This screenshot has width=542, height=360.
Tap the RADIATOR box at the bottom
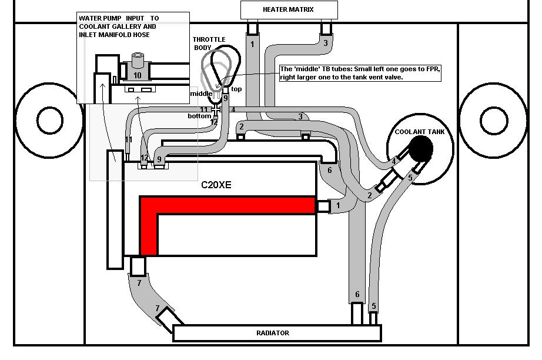click(273, 333)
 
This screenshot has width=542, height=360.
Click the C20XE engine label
click(216, 185)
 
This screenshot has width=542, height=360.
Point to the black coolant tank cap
click(421, 148)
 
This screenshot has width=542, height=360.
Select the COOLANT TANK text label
click(420, 132)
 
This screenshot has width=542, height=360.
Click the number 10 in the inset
click(137, 75)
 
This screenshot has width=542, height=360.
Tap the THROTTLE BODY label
click(209, 44)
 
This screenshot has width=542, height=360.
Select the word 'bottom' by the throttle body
click(199, 116)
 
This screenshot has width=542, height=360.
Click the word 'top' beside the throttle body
click(236, 89)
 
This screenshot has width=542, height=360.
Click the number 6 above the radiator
click(356, 295)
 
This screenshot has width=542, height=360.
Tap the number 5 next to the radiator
click(373, 306)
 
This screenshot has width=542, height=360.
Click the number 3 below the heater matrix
click(325, 42)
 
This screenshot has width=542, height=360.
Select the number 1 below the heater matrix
click(252, 44)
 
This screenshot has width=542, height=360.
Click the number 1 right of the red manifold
click(338, 205)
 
